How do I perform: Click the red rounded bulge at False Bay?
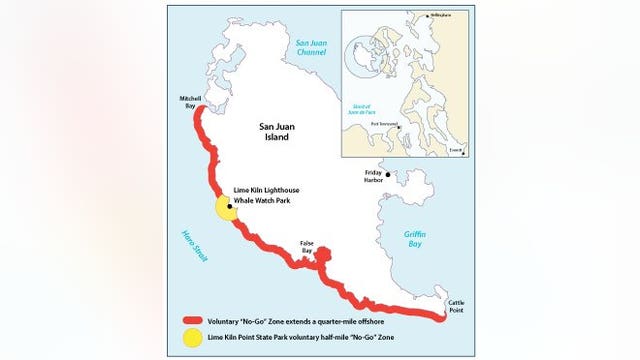pos(320,257)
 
